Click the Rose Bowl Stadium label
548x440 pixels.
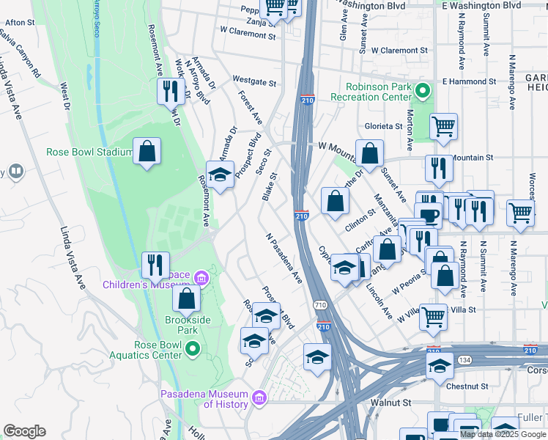coord(89,153)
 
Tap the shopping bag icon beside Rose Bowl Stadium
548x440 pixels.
coord(147,152)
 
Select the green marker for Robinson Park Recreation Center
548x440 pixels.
coord(421,91)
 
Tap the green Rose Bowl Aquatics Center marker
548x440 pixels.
coord(192,349)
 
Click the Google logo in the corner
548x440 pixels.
coord(24,431)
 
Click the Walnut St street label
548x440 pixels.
coord(390,403)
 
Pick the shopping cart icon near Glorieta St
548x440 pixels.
coord(443,127)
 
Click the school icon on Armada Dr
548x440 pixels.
coord(220,175)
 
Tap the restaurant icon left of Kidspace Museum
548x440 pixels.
coord(155,265)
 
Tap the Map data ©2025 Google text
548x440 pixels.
coord(503,434)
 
